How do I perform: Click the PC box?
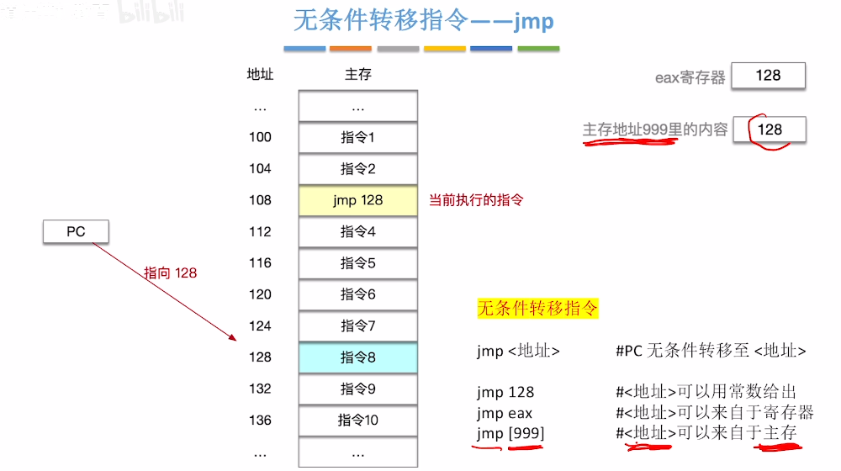pyautogui.click(x=76, y=231)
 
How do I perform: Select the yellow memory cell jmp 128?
pyautogui.click(x=357, y=200)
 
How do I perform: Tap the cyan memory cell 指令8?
pyautogui.click(x=357, y=357)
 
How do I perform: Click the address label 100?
pyautogui.click(x=260, y=137)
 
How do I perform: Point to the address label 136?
pyautogui.click(x=260, y=421)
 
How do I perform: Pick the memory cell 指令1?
pyautogui.click(x=357, y=137)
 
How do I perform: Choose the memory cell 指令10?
pyautogui.click(x=357, y=421)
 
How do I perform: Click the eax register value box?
pyautogui.click(x=768, y=76)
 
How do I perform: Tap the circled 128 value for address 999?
pyautogui.click(x=770, y=130)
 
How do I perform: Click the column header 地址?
pyautogui.click(x=260, y=75)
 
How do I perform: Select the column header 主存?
pyautogui.click(x=357, y=75)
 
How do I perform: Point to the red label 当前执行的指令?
pyautogui.click(x=476, y=200)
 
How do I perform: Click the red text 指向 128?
pyautogui.click(x=170, y=273)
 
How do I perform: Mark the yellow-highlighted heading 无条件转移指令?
pyautogui.click(x=537, y=309)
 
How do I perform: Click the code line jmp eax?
pyautogui.click(x=504, y=413)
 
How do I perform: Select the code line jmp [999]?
pyautogui.click(x=510, y=433)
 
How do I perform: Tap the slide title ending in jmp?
pyautogui.click(x=423, y=20)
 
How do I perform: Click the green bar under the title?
pyautogui.click(x=538, y=49)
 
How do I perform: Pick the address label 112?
pyautogui.click(x=260, y=231)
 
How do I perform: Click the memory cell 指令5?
pyautogui.click(x=357, y=263)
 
